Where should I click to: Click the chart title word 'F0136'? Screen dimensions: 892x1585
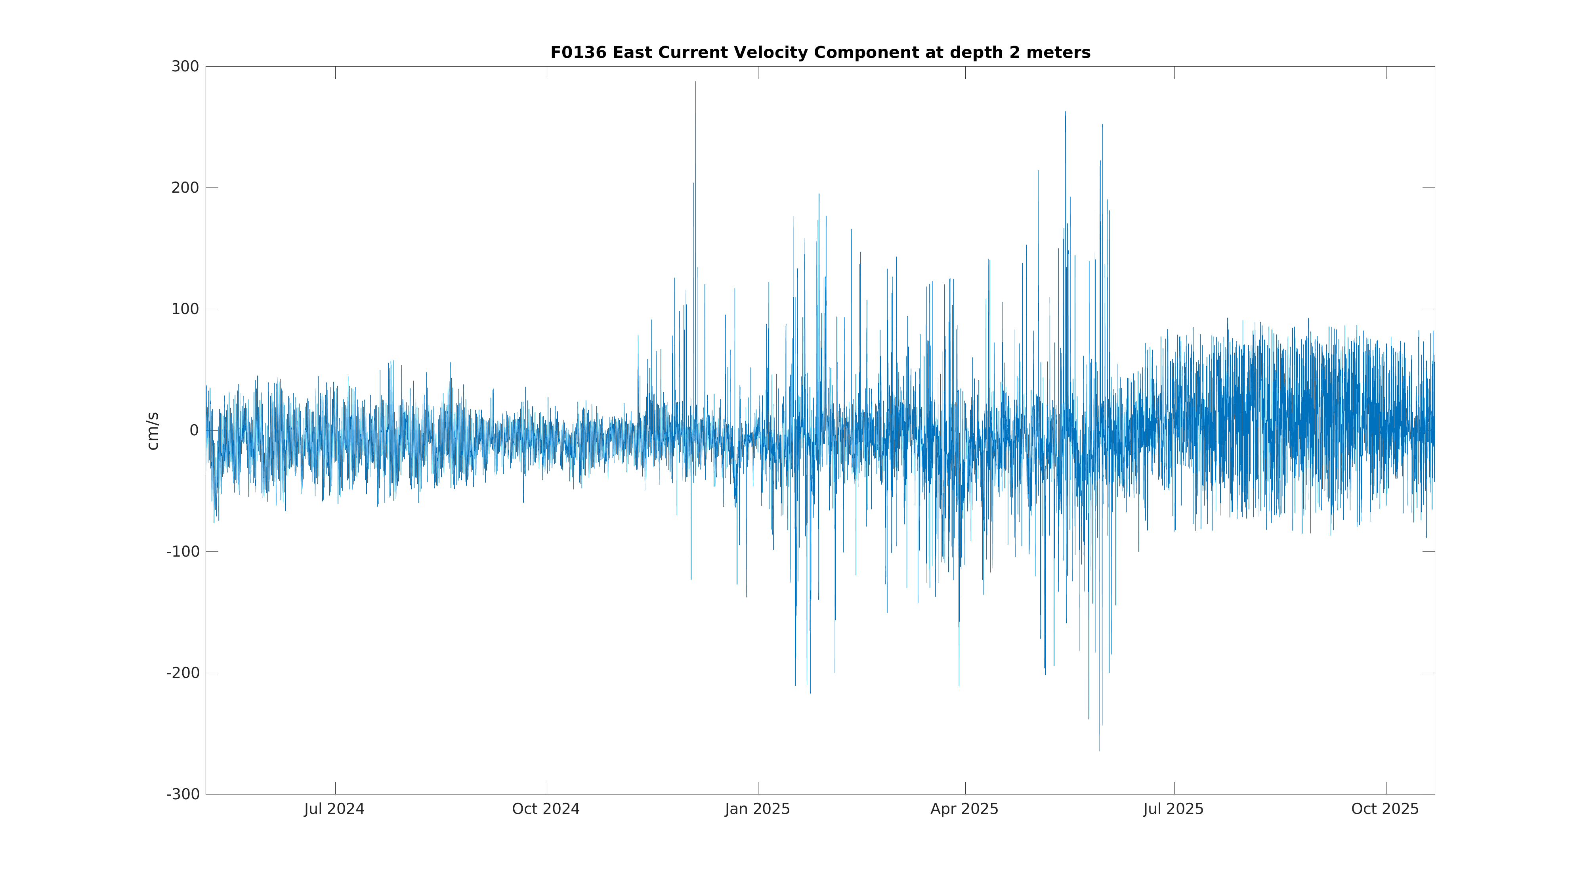tap(578, 53)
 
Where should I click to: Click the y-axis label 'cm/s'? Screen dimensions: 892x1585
tap(153, 431)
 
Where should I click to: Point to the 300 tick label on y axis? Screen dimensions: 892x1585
tap(185, 67)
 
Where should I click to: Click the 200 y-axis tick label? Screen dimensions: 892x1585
tap(185, 188)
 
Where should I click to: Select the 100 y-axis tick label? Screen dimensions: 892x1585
tap(185, 309)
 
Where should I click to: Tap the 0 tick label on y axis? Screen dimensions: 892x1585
tap(194, 430)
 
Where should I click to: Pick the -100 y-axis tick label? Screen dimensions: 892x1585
tap(182, 551)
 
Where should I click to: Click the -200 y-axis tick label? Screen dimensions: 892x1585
tap(182, 673)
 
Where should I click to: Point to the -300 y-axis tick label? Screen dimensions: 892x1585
tap(182, 794)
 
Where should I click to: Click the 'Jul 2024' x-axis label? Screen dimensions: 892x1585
tap(334, 809)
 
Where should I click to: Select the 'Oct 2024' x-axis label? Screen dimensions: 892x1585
tap(546, 809)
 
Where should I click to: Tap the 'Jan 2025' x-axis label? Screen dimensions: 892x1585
tap(757, 809)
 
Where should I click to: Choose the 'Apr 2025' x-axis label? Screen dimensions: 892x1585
tap(964, 809)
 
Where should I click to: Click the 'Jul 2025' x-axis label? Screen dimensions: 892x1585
tap(1173, 809)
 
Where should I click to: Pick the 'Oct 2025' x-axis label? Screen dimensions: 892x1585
tap(1385, 809)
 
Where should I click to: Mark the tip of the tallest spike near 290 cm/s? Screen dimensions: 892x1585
tap(695, 82)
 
